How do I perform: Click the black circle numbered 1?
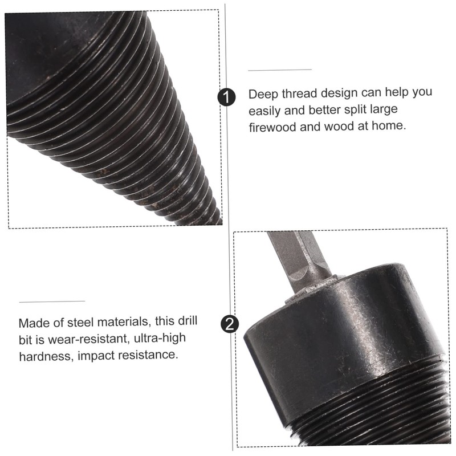coord(226,97)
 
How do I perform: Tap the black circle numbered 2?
coord(230,324)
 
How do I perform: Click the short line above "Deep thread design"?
coord(280,70)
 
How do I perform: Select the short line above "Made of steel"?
coord(52,302)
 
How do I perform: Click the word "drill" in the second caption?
coord(188,321)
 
